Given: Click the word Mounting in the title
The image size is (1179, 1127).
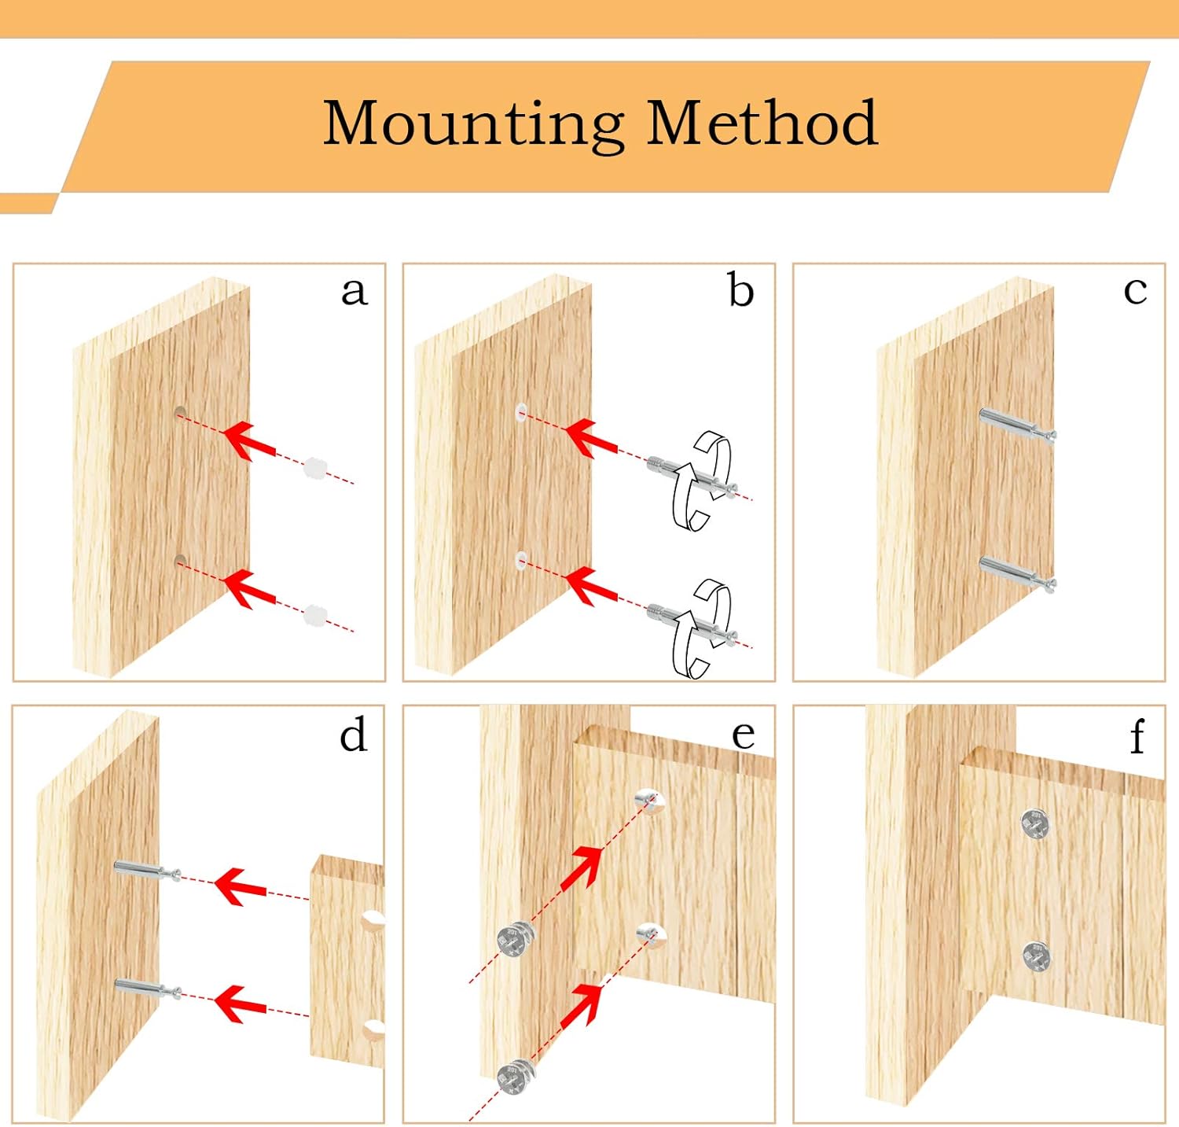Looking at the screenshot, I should (474, 123).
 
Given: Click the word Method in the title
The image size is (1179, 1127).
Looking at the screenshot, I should (761, 123).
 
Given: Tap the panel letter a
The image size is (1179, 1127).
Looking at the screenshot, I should (354, 291).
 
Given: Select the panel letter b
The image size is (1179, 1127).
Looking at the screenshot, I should (740, 290).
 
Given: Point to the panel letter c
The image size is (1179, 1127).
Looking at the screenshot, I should (1135, 290).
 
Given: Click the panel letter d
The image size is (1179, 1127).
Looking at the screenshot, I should (353, 735).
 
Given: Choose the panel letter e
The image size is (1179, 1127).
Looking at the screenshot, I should (743, 735).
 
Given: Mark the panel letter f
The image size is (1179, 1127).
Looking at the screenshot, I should (1137, 737).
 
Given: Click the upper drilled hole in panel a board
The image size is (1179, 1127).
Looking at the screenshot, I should (180, 412).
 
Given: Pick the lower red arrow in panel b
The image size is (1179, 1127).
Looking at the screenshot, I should (590, 586).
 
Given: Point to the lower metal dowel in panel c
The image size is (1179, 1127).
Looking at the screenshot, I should (1016, 572).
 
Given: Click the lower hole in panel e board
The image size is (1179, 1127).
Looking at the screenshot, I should (651, 934).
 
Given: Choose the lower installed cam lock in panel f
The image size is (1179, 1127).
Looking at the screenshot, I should (1037, 956).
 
